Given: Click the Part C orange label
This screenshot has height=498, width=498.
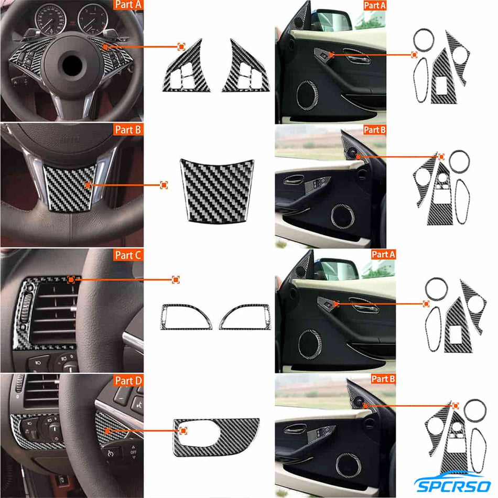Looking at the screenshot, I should point(127,255).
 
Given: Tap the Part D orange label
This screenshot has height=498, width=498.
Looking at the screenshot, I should point(127,380).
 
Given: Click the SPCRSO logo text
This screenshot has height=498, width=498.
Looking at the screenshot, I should point(452,485).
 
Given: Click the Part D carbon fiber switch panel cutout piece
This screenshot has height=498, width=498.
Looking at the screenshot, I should point(216,437).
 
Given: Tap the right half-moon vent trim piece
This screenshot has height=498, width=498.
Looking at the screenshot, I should point(245,317).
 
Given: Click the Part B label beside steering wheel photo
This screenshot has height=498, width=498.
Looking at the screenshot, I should point(127,130).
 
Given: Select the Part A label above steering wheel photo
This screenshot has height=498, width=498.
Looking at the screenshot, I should point(127,6).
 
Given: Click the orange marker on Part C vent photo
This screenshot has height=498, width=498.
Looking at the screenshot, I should point(71,280).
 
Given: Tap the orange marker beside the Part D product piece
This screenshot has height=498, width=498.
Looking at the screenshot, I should point(183,430).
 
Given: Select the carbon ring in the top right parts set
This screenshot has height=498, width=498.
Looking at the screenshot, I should point(424,39).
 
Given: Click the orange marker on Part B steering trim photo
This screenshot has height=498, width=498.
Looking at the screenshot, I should point(89,185).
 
